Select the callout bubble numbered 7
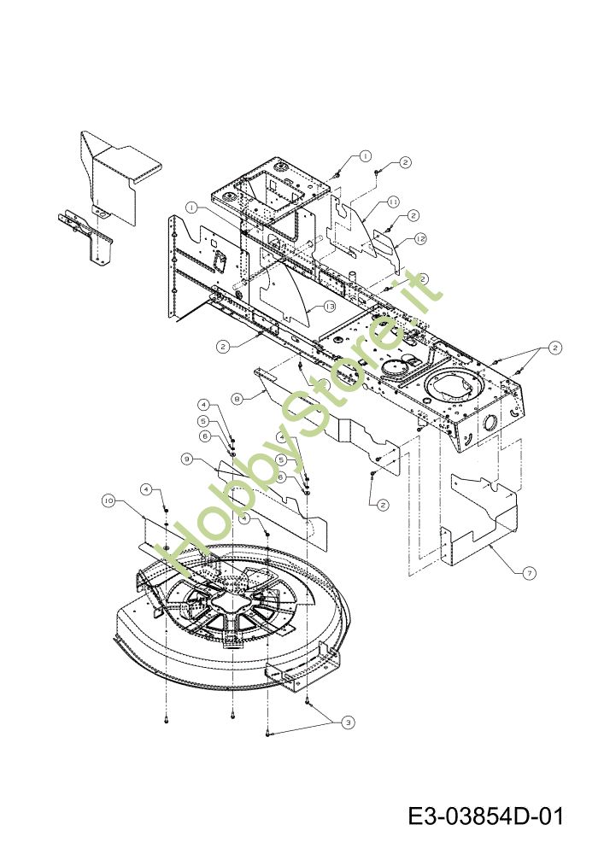tap(530, 573)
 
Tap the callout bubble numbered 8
tap(237, 397)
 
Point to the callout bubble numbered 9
tap(187, 459)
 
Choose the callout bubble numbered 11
tap(394, 202)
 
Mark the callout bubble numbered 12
tap(420, 240)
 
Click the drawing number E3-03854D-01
tap(484, 816)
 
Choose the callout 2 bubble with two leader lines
tap(554, 348)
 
